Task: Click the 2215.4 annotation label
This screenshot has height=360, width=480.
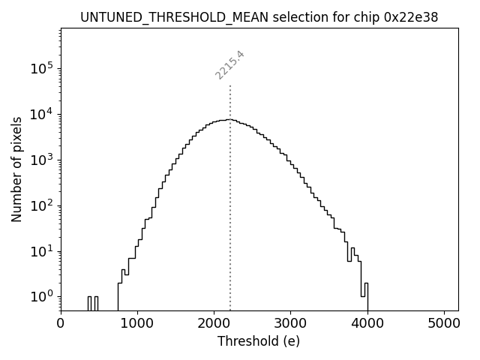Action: [x=229, y=64]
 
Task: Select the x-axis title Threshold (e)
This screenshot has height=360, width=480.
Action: [x=259, y=341]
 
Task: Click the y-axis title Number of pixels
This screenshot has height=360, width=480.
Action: [x=16, y=169]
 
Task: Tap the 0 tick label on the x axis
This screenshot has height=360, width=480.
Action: [x=61, y=324]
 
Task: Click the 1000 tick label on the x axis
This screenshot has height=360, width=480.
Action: [x=137, y=324]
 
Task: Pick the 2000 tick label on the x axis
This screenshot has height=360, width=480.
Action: [x=214, y=324]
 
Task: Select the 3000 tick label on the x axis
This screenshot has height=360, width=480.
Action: [x=290, y=324]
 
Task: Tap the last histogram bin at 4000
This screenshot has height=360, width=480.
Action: [x=366, y=296]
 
